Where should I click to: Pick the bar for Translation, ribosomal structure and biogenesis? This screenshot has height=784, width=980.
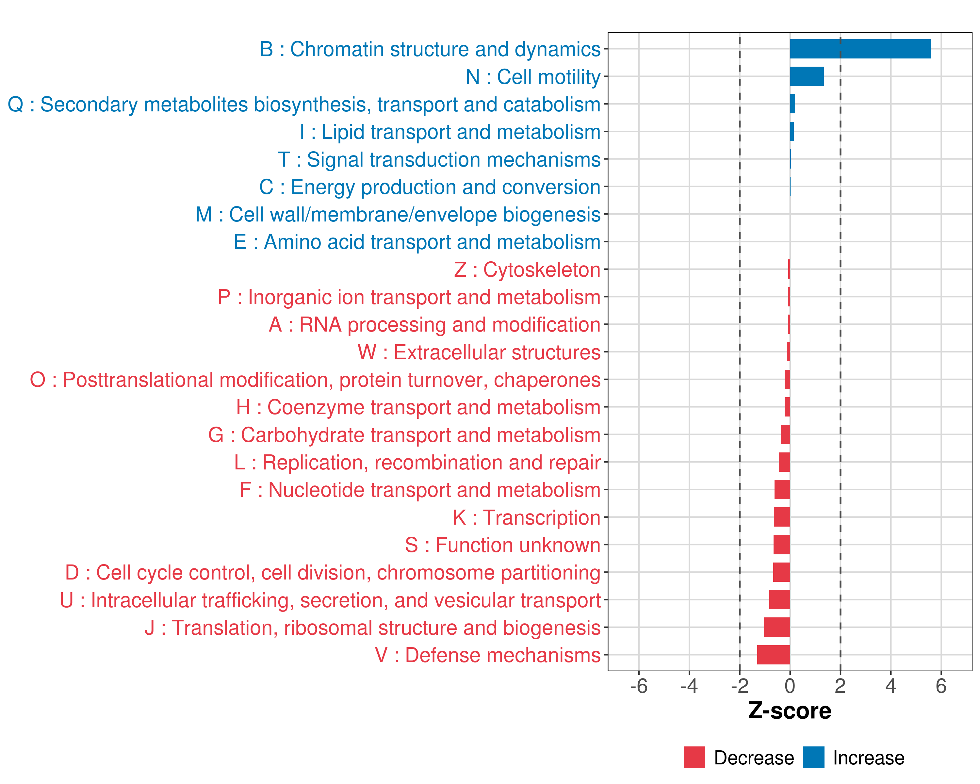(777, 627)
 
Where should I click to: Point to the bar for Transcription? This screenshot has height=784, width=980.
(782, 517)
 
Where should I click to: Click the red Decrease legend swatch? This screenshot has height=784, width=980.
(694, 757)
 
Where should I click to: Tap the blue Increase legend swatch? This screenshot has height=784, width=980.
(813, 757)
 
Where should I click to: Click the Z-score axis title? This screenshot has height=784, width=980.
(790, 710)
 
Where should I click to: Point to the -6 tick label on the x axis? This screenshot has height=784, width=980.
(638, 686)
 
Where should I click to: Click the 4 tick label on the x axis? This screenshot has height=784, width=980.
(890, 686)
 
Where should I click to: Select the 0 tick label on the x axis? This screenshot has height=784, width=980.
(790, 686)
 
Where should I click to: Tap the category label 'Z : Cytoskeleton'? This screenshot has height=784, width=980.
(527, 269)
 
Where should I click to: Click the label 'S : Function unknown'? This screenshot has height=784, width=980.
(503, 545)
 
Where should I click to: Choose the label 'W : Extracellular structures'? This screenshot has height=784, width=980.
(479, 352)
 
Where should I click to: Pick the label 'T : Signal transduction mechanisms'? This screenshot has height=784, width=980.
(439, 159)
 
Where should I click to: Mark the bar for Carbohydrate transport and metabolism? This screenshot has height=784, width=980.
(785, 434)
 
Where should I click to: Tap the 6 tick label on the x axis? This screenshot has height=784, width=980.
(941, 686)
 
